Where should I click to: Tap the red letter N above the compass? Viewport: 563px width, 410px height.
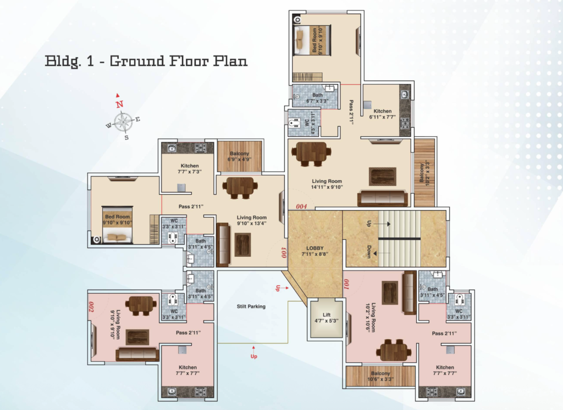click(119, 104)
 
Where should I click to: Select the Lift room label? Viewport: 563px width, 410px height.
click(327, 318)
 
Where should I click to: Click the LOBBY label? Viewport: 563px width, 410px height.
click(315, 251)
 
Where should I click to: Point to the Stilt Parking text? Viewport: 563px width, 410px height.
click(251, 306)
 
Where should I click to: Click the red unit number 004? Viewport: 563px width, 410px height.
click(301, 206)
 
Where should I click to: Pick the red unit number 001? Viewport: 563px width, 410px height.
click(346, 284)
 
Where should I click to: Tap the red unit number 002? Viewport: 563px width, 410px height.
click(91, 307)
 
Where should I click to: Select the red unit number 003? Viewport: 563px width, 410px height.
click(284, 252)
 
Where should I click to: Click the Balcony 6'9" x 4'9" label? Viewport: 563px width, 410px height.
click(240, 156)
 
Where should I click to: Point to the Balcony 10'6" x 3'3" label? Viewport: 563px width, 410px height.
click(380, 376)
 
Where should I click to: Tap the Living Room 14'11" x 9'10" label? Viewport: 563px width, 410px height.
click(327, 184)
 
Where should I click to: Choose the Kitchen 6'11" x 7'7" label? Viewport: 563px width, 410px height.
click(383, 114)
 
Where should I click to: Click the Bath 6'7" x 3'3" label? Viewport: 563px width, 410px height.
click(317, 98)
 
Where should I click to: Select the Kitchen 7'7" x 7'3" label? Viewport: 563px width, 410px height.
click(190, 169)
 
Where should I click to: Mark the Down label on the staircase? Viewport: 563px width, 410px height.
click(369, 251)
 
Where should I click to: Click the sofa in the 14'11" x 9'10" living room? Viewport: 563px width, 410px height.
click(383, 198)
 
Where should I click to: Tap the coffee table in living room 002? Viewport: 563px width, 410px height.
click(137, 337)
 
